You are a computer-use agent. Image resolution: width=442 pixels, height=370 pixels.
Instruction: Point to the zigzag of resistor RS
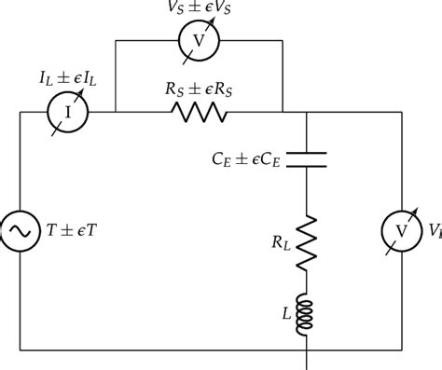tap(198, 113)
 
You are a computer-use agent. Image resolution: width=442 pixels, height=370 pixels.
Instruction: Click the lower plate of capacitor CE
tap(307, 164)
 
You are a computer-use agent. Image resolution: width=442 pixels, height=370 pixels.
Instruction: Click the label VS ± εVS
tap(198, 8)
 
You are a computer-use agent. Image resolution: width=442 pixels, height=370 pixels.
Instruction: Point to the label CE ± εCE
tap(244, 158)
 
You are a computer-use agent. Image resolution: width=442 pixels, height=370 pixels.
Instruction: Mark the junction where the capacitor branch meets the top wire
tap(307, 113)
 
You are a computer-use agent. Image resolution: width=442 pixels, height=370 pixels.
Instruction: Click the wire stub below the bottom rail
tap(307, 360)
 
